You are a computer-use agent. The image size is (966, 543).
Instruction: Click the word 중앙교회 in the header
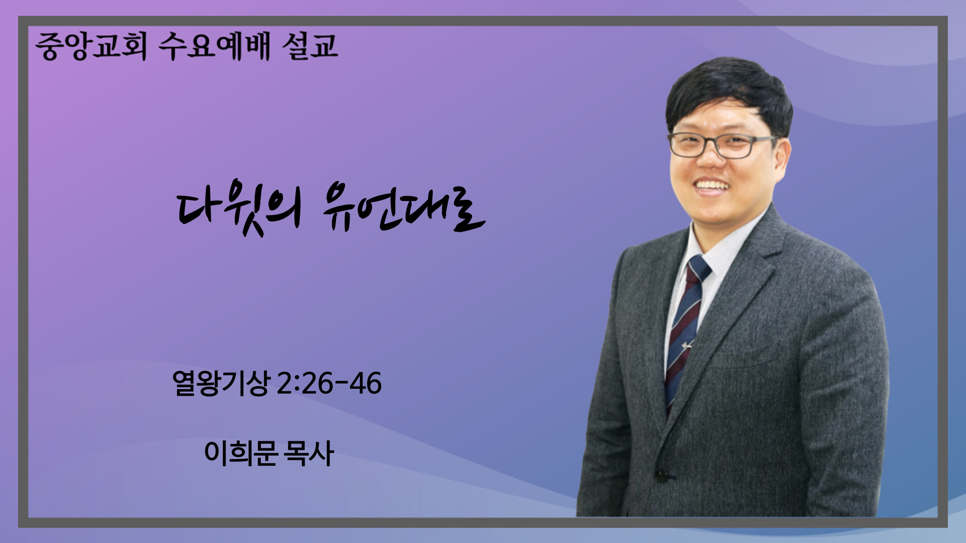coord(91,48)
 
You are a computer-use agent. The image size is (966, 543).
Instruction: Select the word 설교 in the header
coord(310,47)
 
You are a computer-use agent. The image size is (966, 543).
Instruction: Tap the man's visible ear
coord(783,155)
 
